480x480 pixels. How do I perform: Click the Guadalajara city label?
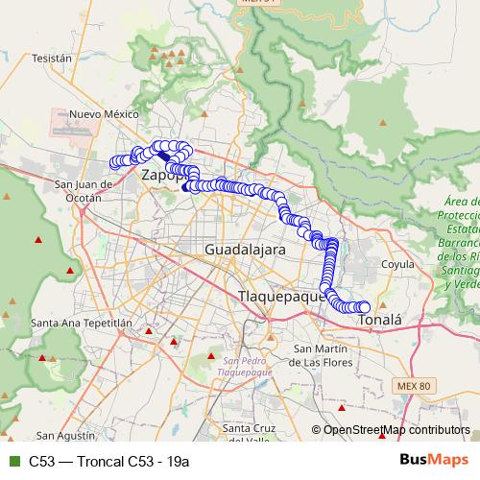(245, 250)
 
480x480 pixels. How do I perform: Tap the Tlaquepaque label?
(282, 298)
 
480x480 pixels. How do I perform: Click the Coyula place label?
(396, 263)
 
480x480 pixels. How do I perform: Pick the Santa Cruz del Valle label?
(249, 434)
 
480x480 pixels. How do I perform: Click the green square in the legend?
(12, 460)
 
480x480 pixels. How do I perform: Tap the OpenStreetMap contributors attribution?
(396, 430)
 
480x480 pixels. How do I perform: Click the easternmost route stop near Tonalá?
(364, 307)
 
